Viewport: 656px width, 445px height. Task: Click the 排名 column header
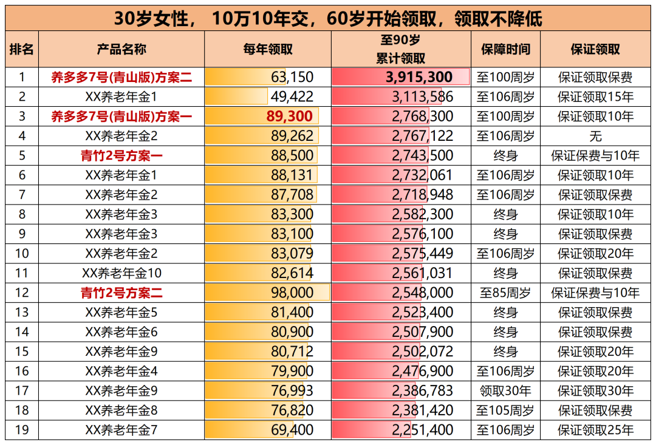point(22,49)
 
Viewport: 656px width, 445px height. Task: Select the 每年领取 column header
point(267,49)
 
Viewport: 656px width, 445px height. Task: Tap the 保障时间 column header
point(505,49)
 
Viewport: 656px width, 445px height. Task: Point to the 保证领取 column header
point(595,49)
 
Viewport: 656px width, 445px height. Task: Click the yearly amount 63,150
point(292,77)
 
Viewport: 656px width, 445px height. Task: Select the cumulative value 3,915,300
point(419,77)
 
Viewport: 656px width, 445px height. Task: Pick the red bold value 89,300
point(290,117)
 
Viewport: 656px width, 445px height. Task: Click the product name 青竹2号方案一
point(121,156)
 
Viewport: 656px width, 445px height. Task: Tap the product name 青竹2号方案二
point(121,293)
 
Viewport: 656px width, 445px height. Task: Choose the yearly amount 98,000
point(292,293)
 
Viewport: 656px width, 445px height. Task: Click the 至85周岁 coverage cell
point(505,293)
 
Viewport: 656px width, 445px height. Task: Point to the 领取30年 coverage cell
point(505,391)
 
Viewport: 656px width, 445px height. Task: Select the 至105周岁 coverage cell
point(505,411)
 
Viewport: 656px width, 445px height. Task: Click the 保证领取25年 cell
point(595,430)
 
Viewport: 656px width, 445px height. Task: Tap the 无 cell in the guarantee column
point(595,136)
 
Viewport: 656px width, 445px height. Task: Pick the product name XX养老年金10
point(121,273)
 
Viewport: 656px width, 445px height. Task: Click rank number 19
point(22,430)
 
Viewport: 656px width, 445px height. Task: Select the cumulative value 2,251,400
point(423,430)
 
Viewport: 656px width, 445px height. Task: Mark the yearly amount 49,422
point(292,97)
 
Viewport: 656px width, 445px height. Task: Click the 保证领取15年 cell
point(595,97)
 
